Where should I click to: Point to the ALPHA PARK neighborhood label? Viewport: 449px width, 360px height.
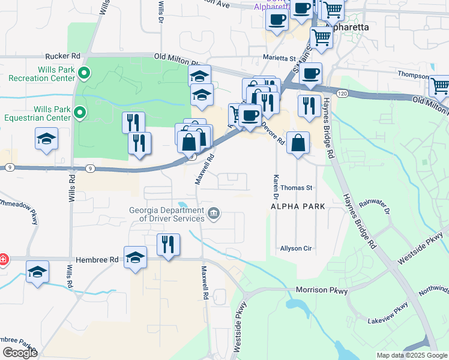click(298, 206)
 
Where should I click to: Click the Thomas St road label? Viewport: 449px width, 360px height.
click(297, 188)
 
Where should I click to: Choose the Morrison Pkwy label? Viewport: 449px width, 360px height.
click(322, 290)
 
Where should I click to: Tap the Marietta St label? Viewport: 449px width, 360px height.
click(280, 58)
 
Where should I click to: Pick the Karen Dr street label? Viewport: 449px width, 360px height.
click(276, 187)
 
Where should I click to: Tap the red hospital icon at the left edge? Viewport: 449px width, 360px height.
click(3, 259)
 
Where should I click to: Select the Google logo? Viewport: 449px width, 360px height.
click(20, 353)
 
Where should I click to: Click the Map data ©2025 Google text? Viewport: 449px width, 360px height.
click(411, 355)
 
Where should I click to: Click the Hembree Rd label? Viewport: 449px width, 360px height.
click(97, 259)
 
